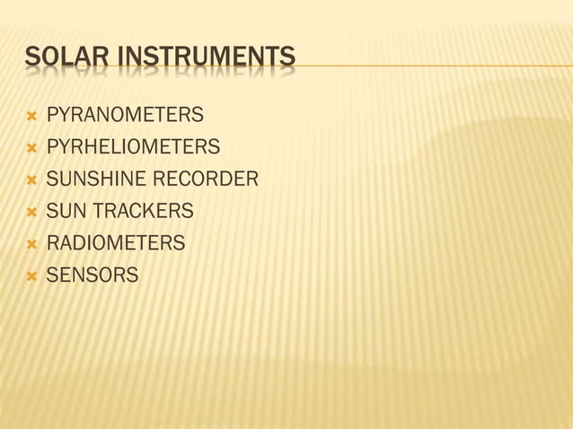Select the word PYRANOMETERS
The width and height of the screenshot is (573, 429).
[125, 116]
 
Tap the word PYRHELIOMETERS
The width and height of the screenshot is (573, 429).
[133, 147]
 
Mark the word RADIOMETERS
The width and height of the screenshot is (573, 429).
[116, 243]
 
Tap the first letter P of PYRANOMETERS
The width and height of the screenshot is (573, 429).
[52, 116]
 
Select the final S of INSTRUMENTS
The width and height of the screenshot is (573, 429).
[286, 60]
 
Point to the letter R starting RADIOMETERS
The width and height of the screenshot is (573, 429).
[52, 243]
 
